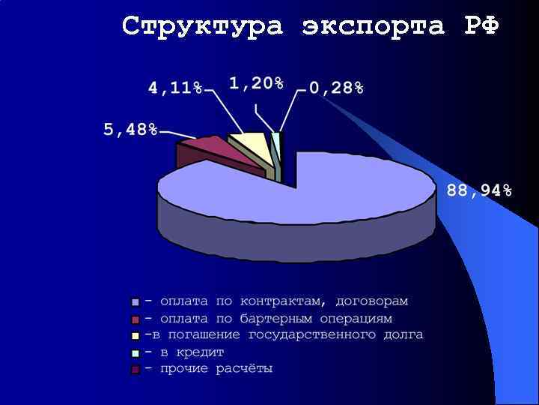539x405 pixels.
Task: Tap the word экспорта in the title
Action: coord(374,26)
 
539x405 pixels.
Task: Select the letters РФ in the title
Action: coord(481,26)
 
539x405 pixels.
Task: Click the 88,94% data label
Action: coord(479,190)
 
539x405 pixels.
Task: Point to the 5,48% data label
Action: coord(130,130)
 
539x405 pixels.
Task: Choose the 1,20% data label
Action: coord(256,83)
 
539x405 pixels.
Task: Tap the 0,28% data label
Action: coord(336,88)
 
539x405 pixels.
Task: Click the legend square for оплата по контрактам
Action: coord(135,302)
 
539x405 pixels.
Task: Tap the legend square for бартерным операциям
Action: coord(135,319)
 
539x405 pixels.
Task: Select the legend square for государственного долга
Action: coord(135,335)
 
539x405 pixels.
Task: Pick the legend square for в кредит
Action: coord(135,352)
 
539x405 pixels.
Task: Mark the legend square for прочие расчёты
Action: coord(135,369)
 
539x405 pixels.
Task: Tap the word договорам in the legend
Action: coord(372,301)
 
